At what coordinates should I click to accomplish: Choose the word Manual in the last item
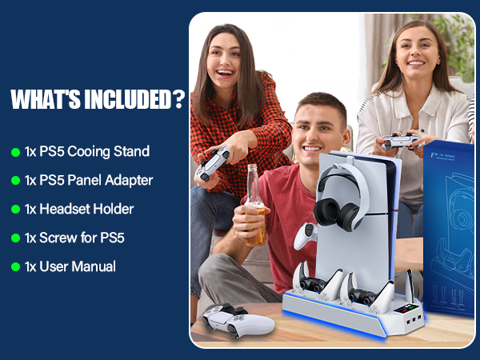click(94, 266)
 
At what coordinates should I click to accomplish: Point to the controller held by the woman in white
click(401, 141)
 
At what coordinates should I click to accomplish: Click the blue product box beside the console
click(452, 240)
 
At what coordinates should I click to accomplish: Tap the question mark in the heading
click(179, 100)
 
